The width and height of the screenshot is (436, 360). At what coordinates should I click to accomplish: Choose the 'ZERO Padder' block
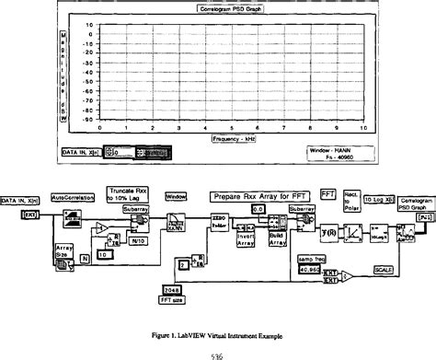point(218,226)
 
